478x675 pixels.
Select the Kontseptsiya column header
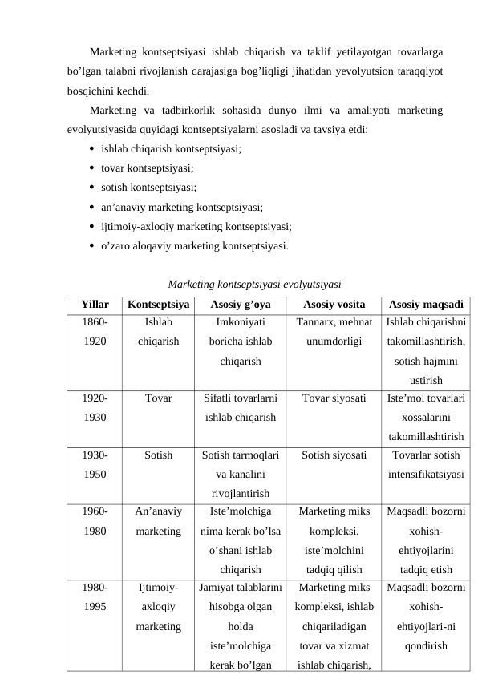pos(158,305)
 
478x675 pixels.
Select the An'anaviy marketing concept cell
pos(158,520)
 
